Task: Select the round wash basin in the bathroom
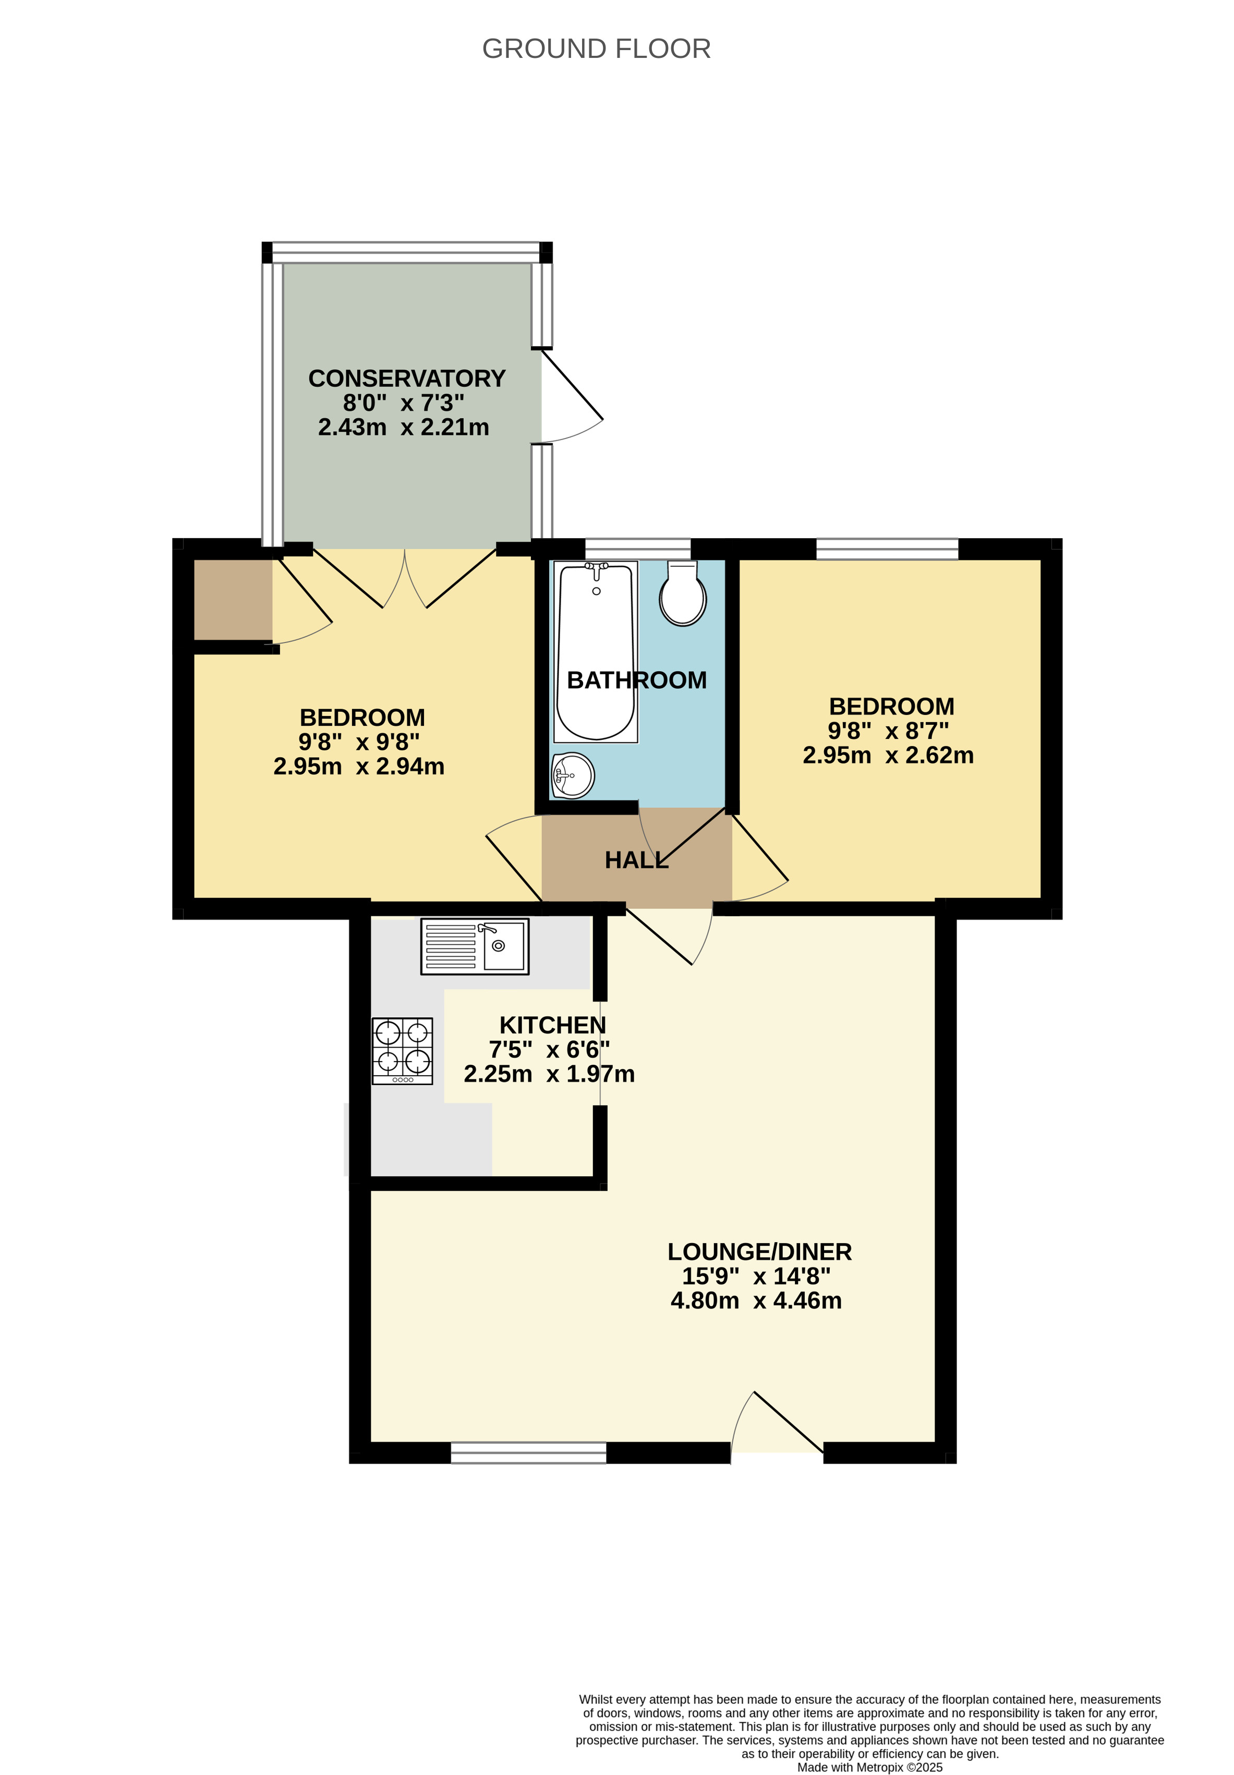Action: tap(573, 775)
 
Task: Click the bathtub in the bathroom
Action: tap(595, 652)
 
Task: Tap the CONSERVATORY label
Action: tap(407, 378)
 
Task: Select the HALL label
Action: tap(636, 860)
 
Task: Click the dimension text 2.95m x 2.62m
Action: tap(888, 755)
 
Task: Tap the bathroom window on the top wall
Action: tap(637, 548)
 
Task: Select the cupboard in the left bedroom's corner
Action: tap(232, 600)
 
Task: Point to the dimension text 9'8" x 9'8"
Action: tap(359, 742)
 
